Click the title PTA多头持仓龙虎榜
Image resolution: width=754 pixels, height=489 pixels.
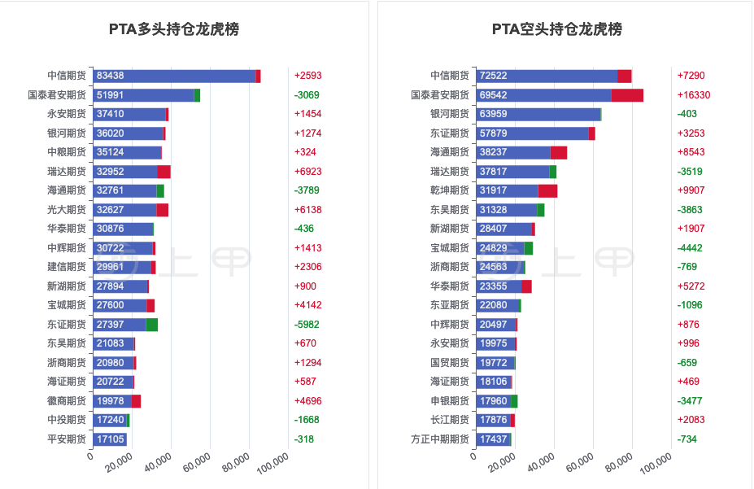click(174, 29)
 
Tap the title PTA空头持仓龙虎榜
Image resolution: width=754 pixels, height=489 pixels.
click(557, 29)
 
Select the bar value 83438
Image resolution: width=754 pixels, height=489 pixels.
click(110, 76)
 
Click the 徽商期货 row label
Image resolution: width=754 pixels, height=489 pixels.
click(67, 400)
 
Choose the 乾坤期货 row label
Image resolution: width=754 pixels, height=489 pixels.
click(450, 190)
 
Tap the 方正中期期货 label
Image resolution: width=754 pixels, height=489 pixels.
click(440, 439)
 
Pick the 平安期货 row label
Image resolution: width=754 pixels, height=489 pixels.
click(67, 439)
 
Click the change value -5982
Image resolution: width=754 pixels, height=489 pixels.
click(307, 325)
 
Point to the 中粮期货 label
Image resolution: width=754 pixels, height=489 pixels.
click(67, 152)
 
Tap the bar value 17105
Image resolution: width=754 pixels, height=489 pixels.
click(110, 439)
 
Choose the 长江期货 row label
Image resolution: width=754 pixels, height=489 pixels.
click(450, 420)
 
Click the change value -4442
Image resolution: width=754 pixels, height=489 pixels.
click(690, 248)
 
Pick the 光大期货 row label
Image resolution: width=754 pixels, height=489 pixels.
click(67, 210)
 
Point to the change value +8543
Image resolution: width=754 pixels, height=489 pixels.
click(691, 152)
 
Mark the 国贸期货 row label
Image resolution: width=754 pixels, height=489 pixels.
click(450, 362)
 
